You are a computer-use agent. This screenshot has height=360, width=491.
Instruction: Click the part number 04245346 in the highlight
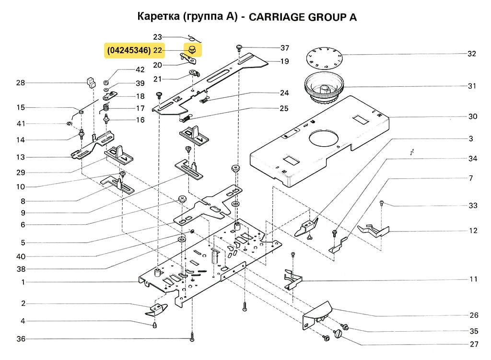129,50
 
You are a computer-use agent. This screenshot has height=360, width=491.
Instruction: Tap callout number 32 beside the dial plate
472,54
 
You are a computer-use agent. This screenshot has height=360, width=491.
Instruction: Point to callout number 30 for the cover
473,116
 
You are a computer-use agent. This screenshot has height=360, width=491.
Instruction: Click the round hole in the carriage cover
325,139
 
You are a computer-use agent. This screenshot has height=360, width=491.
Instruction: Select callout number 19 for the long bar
284,61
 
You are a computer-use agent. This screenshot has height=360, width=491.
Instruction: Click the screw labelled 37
239,47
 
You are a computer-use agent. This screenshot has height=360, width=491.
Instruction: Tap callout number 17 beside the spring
140,108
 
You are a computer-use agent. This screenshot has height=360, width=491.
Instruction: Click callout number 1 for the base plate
22,282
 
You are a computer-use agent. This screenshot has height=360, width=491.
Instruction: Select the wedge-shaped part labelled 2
156,310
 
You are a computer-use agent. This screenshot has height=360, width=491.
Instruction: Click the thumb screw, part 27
341,333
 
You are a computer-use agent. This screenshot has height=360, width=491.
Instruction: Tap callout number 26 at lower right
474,315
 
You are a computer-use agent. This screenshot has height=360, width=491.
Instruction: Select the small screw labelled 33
382,203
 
